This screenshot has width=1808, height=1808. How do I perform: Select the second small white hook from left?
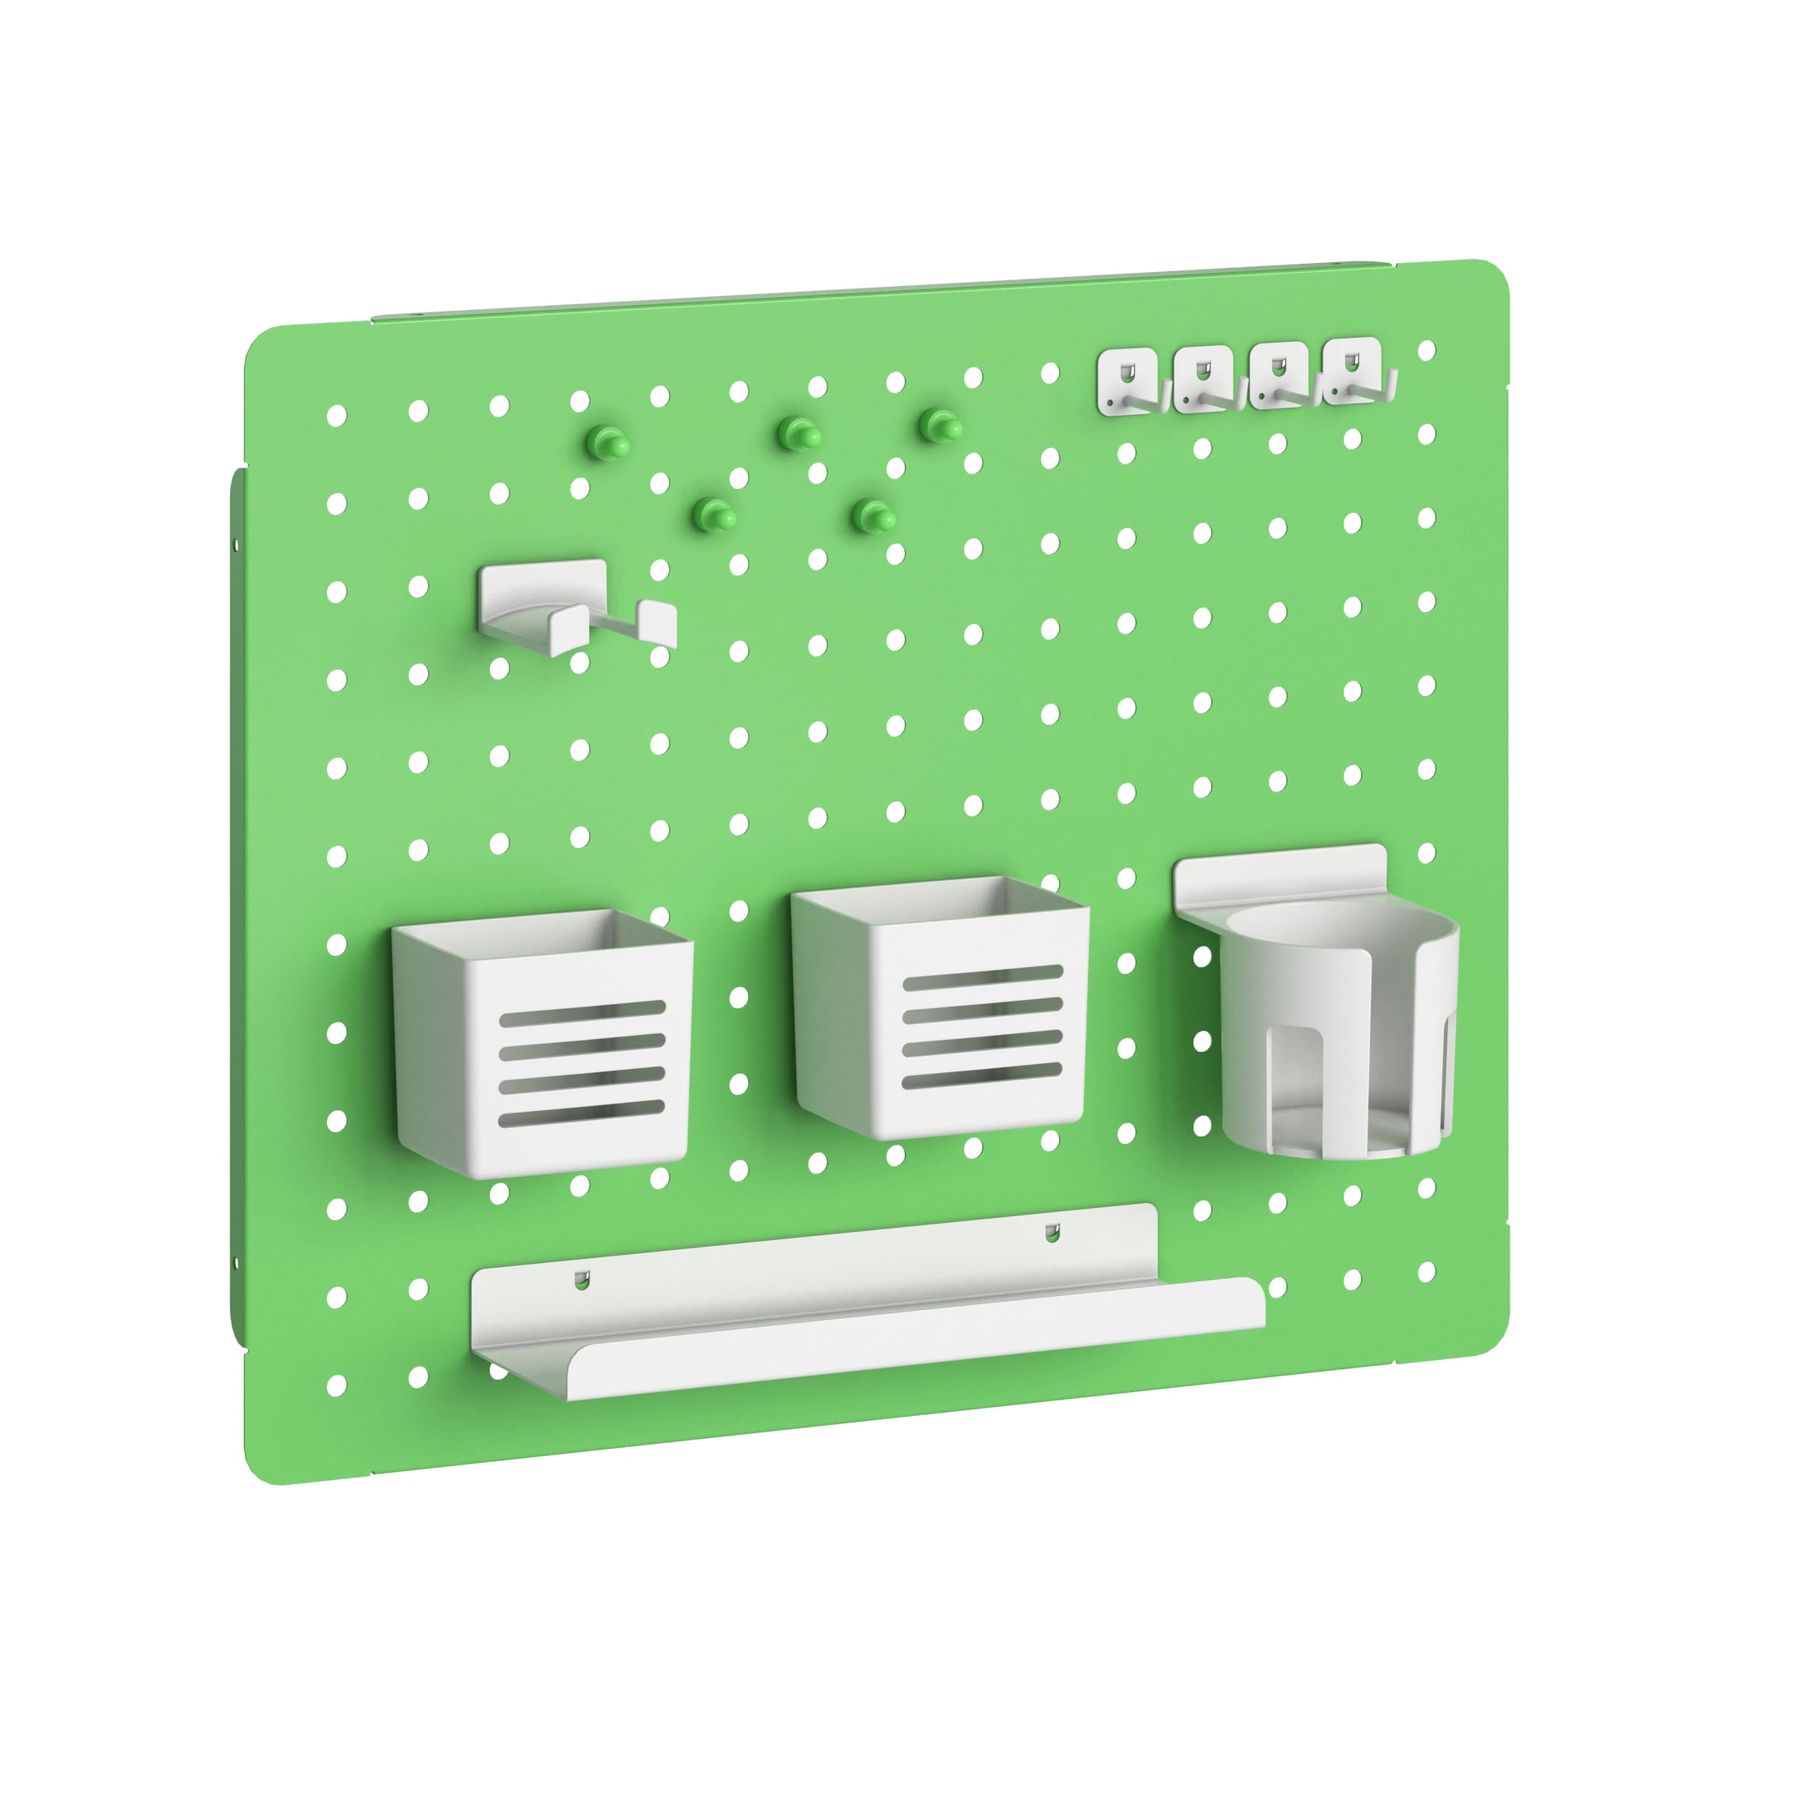coord(1205,378)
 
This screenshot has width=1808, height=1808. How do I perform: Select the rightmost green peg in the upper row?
coord(939,426)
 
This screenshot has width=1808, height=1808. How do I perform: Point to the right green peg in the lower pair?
coord(876,514)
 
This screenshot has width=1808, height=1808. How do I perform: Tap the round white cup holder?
coord(1338,1030)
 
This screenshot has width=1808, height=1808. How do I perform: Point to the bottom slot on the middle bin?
coord(982,1074)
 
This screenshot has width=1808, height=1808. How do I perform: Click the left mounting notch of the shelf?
coord(582,1280)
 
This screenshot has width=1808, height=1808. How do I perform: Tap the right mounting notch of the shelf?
coord(1053,1233)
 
